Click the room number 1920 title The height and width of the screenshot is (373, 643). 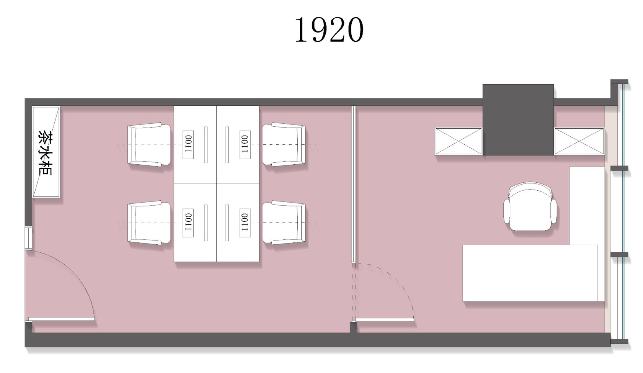click(329, 30)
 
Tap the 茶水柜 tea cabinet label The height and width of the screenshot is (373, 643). click(45, 153)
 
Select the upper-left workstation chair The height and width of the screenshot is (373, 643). click(149, 145)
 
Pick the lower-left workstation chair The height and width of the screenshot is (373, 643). click(149, 223)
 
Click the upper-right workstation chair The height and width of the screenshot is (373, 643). click(284, 145)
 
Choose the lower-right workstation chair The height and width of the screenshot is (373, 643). click(284, 223)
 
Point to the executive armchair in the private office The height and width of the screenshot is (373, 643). click(530, 206)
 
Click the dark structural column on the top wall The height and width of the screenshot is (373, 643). click(518, 120)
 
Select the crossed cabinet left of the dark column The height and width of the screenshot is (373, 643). click(459, 141)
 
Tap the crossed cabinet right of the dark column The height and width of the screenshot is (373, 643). click(579, 141)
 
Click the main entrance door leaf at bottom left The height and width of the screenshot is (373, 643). click(61, 319)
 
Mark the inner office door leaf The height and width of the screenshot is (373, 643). click(385, 320)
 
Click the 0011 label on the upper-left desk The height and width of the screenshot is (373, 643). click(188, 145)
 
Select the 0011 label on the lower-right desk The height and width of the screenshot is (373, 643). click(245, 223)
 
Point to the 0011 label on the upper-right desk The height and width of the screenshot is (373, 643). click(245, 145)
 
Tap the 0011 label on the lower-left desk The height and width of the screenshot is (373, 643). click(188, 223)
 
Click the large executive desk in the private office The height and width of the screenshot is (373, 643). click(530, 273)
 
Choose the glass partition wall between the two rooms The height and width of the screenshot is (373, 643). click(354, 184)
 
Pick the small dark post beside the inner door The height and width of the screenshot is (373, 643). click(353, 328)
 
